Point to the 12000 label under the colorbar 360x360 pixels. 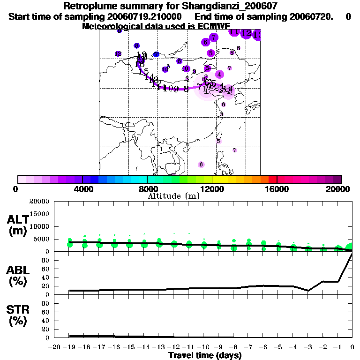coord(212,189)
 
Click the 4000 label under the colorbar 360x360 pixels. coord(82,189)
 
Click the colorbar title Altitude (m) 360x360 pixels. coord(173,196)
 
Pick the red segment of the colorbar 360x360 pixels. coord(272,179)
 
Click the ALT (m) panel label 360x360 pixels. coord(17,225)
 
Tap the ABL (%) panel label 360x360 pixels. coord(17,276)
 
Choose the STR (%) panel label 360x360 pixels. coord(17,315)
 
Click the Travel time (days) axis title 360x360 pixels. coord(205,355)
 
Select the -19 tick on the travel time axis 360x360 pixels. coord(69,347)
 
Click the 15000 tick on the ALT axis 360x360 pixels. coord(39,214)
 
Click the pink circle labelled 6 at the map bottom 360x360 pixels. coord(201,165)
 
